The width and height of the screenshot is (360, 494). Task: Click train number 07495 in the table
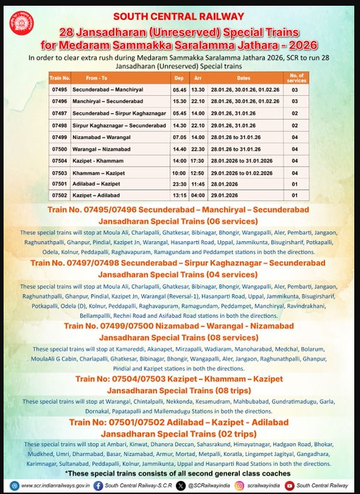tap(59, 90)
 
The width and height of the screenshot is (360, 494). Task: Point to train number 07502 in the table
tap(59, 195)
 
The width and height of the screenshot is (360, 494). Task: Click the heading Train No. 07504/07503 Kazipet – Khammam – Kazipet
tap(179, 378)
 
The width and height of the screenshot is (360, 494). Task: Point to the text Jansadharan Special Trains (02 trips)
tap(179, 433)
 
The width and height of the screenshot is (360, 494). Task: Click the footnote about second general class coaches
tap(179, 473)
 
